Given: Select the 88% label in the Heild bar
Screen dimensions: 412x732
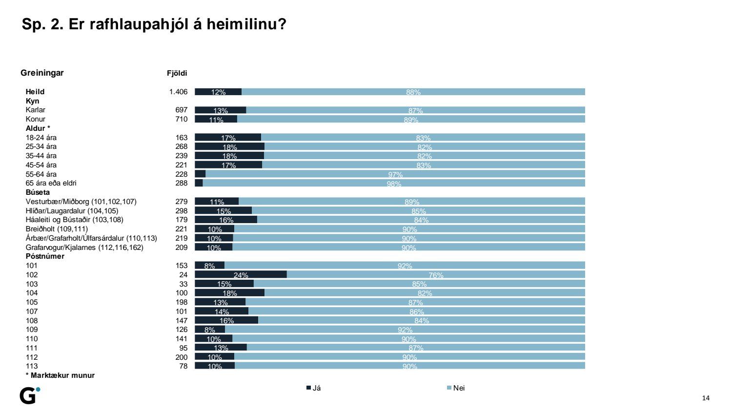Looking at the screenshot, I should coord(413,92).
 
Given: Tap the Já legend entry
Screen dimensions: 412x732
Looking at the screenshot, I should coord(313,388).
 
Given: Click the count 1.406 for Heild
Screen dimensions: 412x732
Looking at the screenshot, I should coord(178,92).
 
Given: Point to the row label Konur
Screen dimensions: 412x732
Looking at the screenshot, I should coord(36,119).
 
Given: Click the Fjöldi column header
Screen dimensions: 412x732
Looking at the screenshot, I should coord(177,73).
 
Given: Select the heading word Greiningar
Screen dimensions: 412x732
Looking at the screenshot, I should coord(42,73).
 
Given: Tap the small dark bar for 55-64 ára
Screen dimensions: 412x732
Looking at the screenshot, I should coord(200,174).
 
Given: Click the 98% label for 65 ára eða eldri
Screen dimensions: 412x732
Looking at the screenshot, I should coord(394,184).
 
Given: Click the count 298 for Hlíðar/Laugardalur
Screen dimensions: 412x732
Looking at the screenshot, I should coord(182,211).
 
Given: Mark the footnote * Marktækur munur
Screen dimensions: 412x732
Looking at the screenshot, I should coord(60,375).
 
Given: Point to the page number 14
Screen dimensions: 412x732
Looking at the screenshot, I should coord(706,398).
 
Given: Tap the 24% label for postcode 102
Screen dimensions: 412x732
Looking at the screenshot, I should coord(241,275).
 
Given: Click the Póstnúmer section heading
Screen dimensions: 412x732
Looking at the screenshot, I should coord(45,256).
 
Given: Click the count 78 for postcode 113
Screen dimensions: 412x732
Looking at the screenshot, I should coord(183,366).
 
